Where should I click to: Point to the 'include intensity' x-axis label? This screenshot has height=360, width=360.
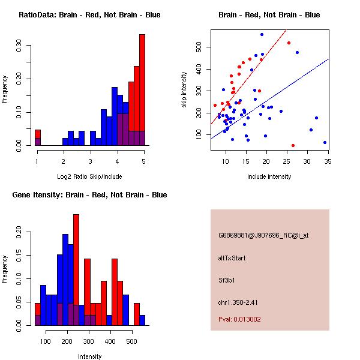pos(269,177)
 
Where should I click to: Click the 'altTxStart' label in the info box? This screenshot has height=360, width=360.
pos(232,258)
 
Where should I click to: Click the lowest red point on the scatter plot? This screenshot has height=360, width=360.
pos(293,145)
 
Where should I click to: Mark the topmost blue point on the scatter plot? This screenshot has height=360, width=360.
pos(262,34)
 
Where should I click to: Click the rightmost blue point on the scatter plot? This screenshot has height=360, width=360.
pos(325,142)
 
